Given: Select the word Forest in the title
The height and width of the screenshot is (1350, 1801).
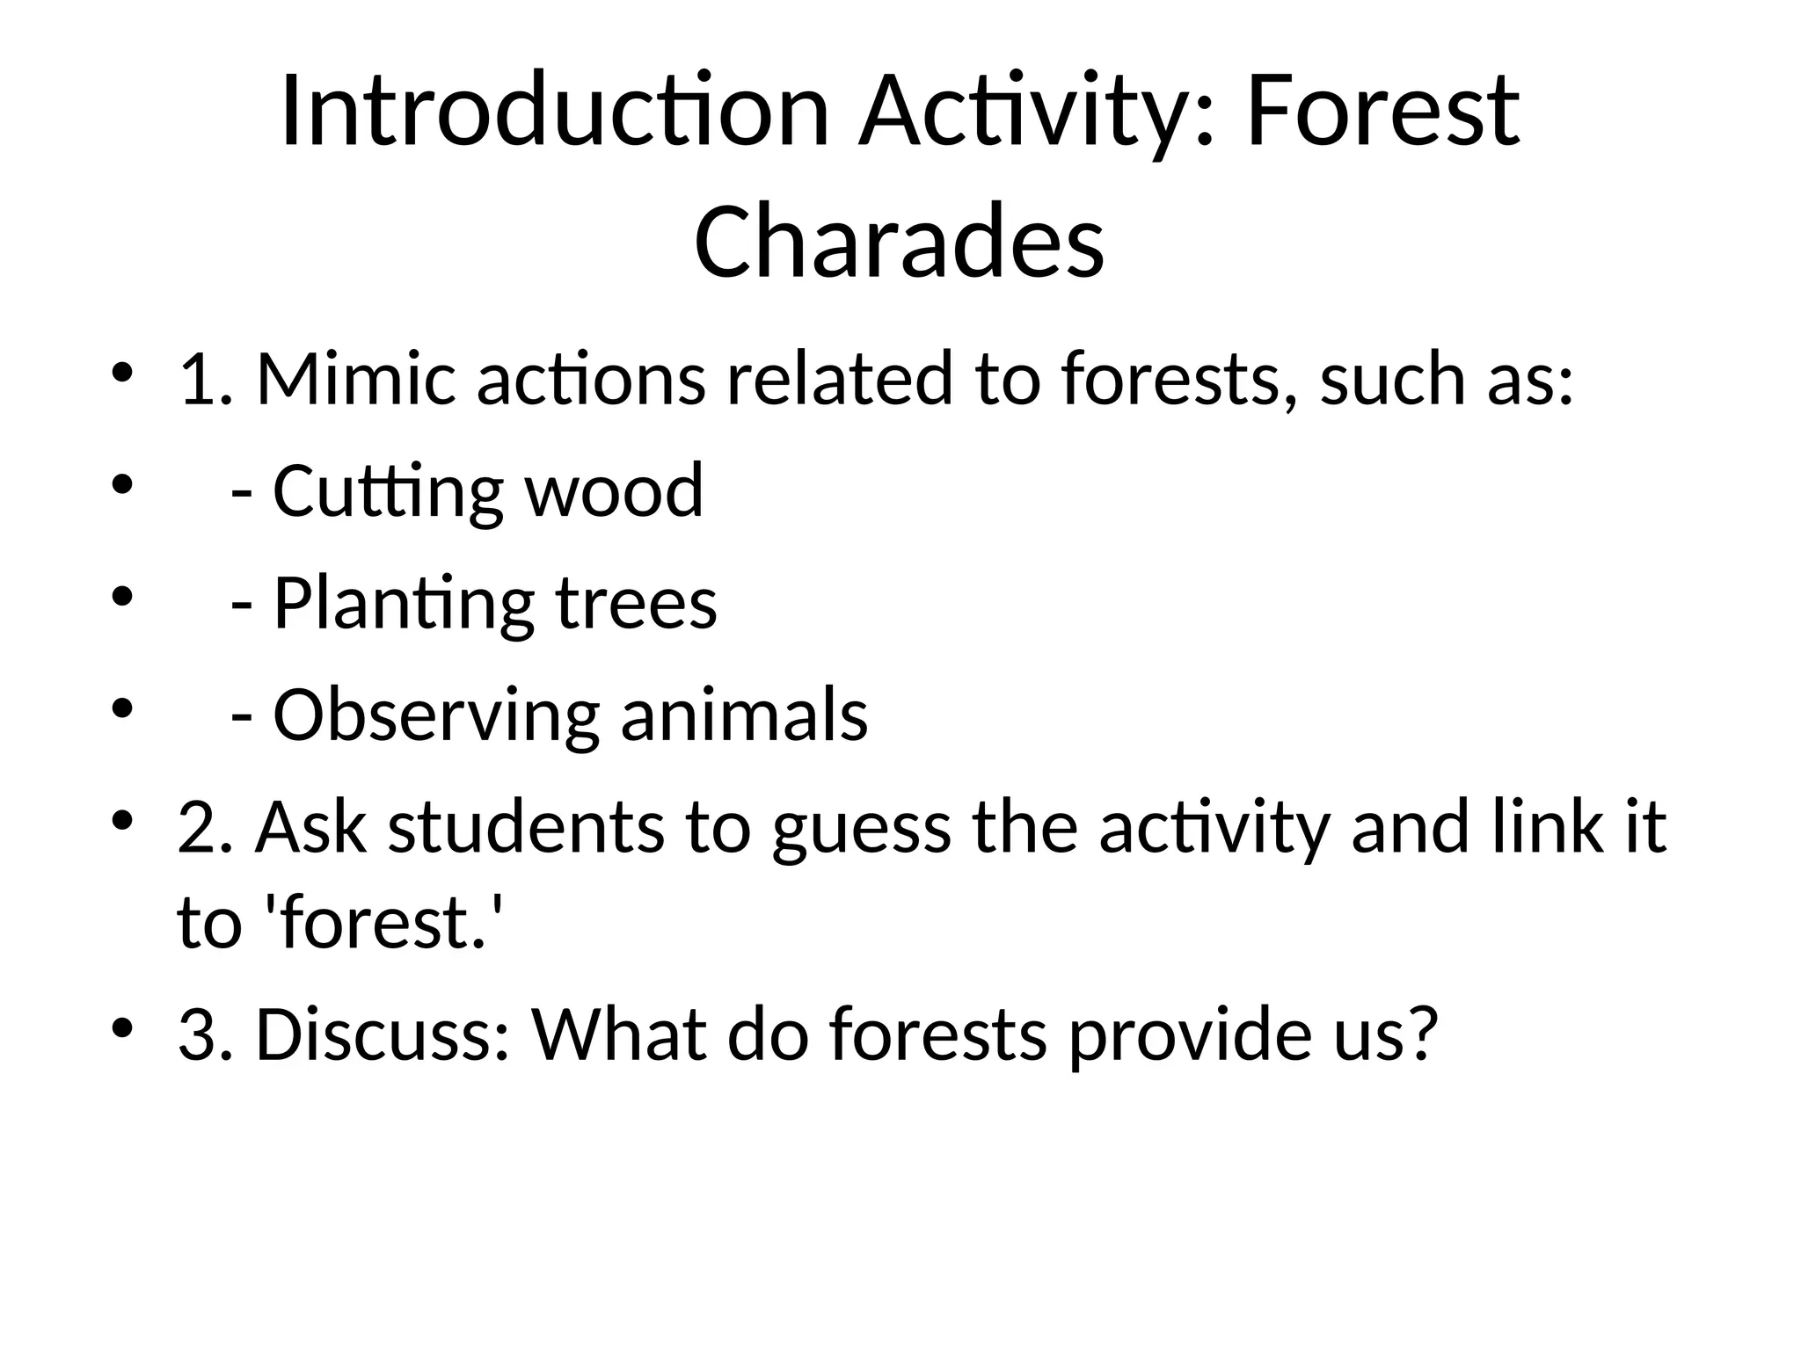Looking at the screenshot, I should click(x=1382, y=112).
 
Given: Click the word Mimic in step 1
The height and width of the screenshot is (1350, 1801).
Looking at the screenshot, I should click(x=355, y=380).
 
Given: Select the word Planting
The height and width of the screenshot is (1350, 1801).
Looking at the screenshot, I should click(x=404, y=605).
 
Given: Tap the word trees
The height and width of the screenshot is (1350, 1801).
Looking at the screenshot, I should click(x=636, y=605).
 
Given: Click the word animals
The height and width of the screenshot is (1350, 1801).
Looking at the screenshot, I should click(x=744, y=715).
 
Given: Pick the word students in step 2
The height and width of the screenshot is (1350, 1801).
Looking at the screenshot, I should click(x=525, y=828).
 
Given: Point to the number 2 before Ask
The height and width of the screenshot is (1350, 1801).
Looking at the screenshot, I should click(x=195, y=828).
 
